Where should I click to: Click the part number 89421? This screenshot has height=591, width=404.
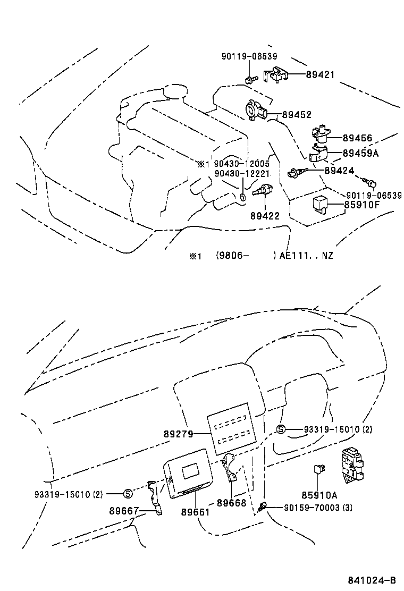pyautogui.click(x=320, y=75)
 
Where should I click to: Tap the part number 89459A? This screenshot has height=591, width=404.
pyautogui.click(x=360, y=153)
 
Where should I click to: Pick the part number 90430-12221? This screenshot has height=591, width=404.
pyautogui.click(x=242, y=174)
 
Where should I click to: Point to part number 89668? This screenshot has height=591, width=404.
pyautogui.click(x=231, y=502)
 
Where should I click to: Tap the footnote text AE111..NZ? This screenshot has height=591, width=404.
pyautogui.click(x=306, y=256)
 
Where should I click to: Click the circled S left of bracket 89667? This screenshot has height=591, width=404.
pyautogui.click(x=127, y=493)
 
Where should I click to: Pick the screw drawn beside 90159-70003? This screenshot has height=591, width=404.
pyautogui.click(x=262, y=508)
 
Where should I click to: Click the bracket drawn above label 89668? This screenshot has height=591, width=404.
pyautogui.click(x=231, y=468)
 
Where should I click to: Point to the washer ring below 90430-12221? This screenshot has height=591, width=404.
pyautogui.click(x=242, y=197)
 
